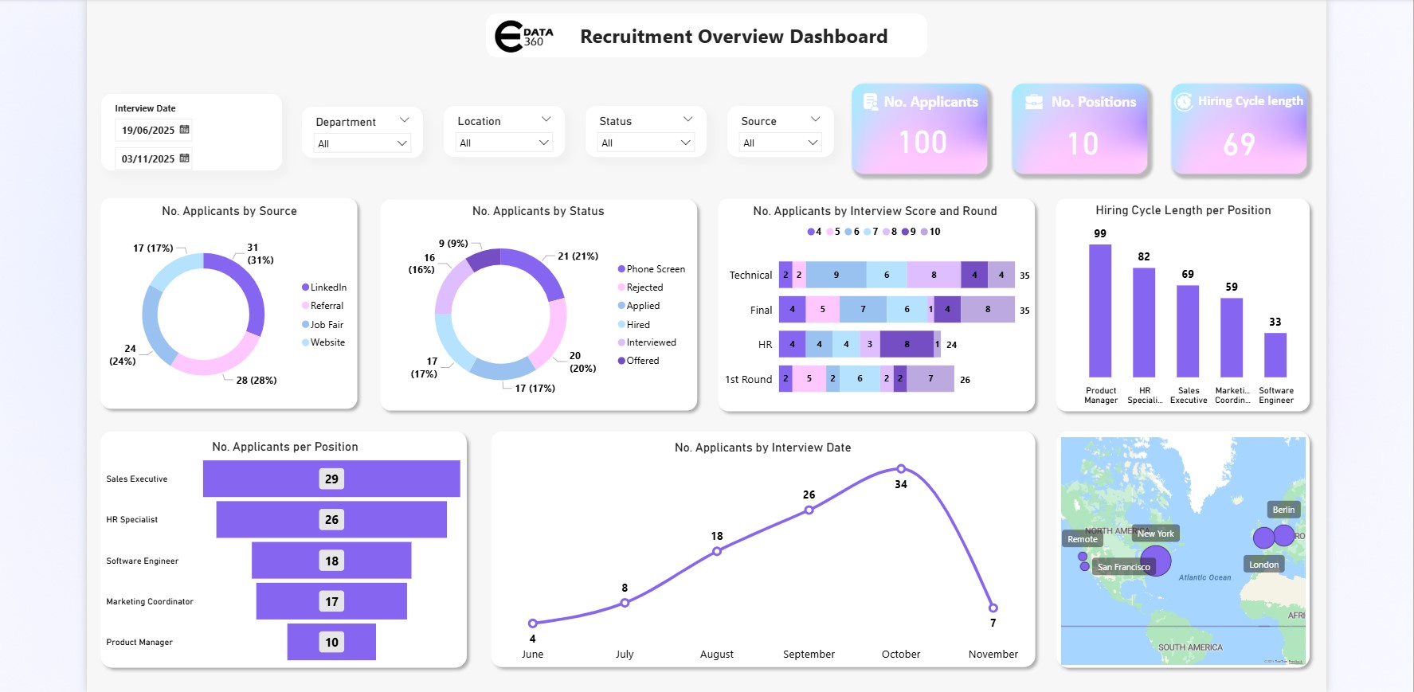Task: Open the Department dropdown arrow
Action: coord(402,143)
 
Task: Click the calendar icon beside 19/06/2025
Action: coord(185,130)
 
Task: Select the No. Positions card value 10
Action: coord(1083,143)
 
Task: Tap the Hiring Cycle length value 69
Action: coord(1239,144)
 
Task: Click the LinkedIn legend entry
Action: coord(327,287)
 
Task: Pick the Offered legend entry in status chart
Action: coord(642,361)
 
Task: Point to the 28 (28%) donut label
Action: coord(256,381)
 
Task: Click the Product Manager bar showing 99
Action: coord(1100,311)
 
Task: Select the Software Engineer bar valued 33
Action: coord(1275,354)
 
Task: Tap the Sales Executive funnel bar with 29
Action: coord(331,479)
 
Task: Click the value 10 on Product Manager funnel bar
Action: coord(331,642)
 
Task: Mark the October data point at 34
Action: coord(901,469)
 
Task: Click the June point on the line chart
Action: coord(533,623)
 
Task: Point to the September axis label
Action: coord(809,655)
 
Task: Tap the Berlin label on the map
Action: coord(1283,510)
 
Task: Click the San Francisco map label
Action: coord(1123,567)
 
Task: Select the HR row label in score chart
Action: coord(765,345)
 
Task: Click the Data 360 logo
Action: coord(523,37)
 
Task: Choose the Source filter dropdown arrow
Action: coord(813,143)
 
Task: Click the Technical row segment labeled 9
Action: coord(836,275)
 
